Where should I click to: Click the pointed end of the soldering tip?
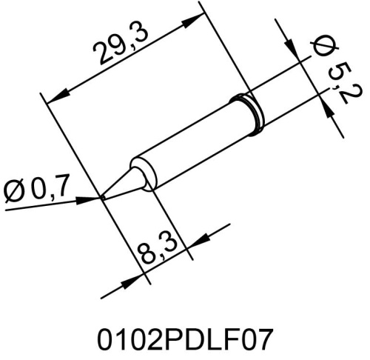tap(102, 198)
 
